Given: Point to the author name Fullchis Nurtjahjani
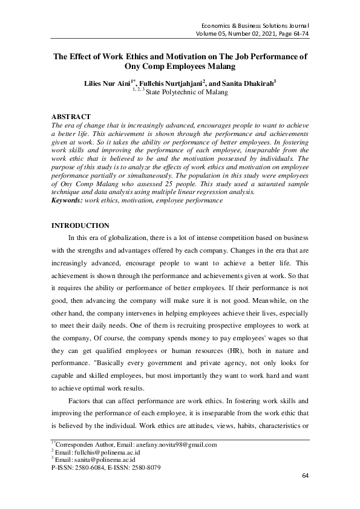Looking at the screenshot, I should (171, 83).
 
